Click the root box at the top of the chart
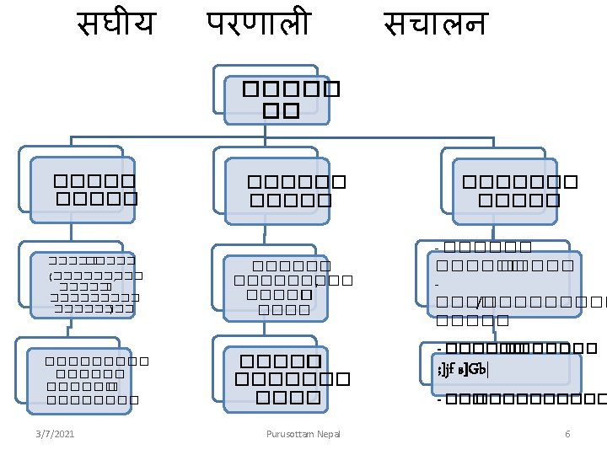[x=282, y=99]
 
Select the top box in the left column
[x=83, y=189]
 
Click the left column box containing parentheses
[x=82, y=286]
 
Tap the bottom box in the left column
[x=79, y=380]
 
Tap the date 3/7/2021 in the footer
[x=55, y=434]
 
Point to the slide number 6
[x=567, y=434]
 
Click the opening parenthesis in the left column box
[x=51, y=276]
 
